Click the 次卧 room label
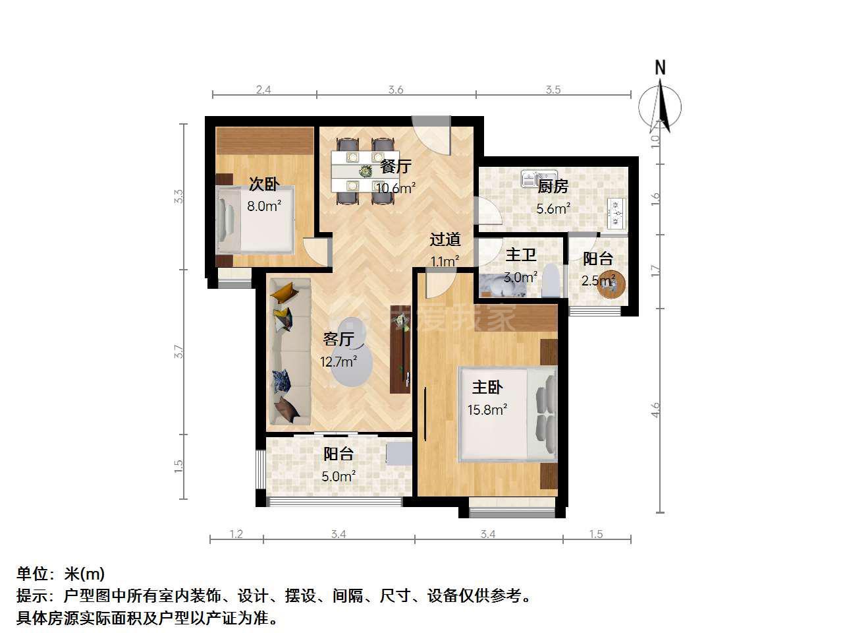pos(264,185)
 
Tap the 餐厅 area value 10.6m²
pos(396,188)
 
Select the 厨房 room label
pos(553,187)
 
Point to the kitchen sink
pos(539,178)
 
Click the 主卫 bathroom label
pos(521,255)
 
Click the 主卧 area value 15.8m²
pos(487,409)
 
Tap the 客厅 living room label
pos(339,339)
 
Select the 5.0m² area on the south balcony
pos(339,477)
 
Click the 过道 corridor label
pos(445,239)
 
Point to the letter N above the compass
pos(660,68)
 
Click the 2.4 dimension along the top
pos(263,90)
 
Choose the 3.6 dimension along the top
pos(396,90)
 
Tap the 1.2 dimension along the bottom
pos(236,534)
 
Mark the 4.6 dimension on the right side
pos(655,409)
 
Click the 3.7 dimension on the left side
pos(178,351)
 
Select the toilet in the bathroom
pos(551,280)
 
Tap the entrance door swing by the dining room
pos(431,135)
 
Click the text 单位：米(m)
pos(61,574)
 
